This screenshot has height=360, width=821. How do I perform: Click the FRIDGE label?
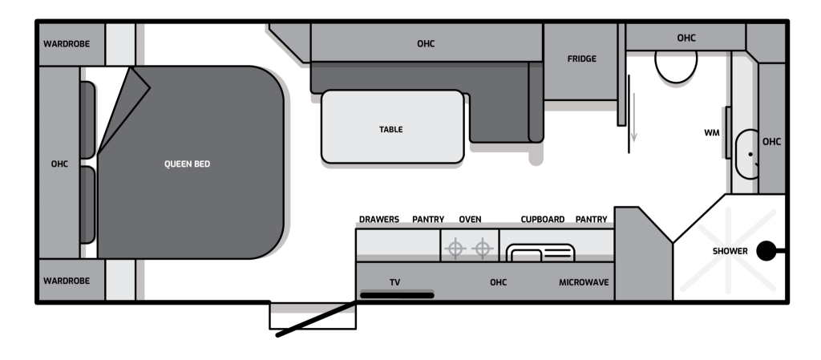[581, 59]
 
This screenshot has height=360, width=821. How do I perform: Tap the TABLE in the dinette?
[392, 127]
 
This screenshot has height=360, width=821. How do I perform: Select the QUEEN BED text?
[187, 164]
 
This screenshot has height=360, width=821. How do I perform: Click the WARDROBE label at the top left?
[67, 44]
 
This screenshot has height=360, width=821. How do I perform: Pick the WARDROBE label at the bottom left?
[67, 281]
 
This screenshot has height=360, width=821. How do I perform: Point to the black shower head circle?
[766, 251]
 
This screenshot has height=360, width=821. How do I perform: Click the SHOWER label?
[730, 251]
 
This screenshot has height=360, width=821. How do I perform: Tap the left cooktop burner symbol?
[455, 248]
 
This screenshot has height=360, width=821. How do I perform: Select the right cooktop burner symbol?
[482, 248]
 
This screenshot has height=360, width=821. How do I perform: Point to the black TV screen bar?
[397, 296]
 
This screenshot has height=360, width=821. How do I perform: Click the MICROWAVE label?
[584, 282]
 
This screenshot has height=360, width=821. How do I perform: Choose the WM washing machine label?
[712, 133]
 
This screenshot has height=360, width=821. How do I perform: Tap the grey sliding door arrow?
[633, 117]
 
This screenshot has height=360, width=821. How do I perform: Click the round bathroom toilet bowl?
[676, 67]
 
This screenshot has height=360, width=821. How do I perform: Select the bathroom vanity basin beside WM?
[746, 155]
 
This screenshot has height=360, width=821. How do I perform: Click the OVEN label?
[470, 219]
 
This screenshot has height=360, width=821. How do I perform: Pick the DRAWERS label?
[379, 219]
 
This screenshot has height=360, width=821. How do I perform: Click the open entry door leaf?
[317, 318]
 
